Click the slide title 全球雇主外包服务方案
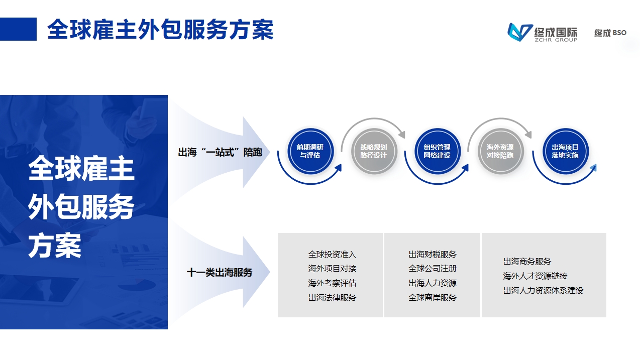click(x=160, y=30)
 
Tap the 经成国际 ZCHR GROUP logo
click(x=542, y=32)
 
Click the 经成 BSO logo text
click(x=610, y=33)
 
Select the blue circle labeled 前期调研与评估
click(x=310, y=151)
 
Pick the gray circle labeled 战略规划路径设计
click(x=373, y=151)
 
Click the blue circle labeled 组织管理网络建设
click(x=437, y=151)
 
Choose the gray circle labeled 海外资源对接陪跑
click(x=500, y=151)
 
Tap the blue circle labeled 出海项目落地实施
click(x=565, y=151)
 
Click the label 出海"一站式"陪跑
click(x=220, y=152)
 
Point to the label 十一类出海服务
click(x=220, y=273)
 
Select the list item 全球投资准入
click(x=332, y=255)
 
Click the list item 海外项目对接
click(x=332, y=269)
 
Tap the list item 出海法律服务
click(x=332, y=297)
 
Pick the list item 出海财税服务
click(x=433, y=255)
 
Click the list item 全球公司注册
click(x=433, y=269)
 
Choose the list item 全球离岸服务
click(x=433, y=297)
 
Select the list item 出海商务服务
click(x=527, y=262)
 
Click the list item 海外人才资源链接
click(x=535, y=276)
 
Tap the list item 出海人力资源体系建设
click(x=543, y=290)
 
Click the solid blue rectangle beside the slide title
click(x=18, y=29)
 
